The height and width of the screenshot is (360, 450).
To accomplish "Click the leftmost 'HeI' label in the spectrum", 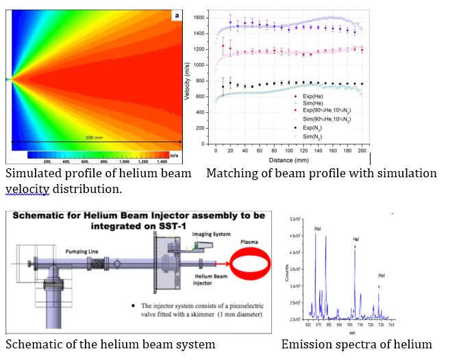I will tap(318, 229).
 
